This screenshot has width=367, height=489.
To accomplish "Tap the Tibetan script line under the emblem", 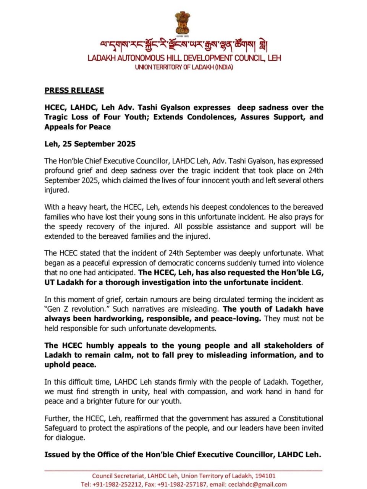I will (x=183, y=46).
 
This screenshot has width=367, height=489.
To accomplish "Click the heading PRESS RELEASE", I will (x=74, y=91).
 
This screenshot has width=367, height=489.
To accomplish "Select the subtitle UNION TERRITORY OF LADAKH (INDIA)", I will (x=184, y=67).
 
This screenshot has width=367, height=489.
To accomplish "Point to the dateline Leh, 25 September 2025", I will (x=90, y=144).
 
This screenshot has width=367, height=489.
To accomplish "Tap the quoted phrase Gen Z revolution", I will (x=75, y=309).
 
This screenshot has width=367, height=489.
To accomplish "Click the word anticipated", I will (x=115, y=273).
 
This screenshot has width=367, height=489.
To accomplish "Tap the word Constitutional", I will (x=300, y=418).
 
